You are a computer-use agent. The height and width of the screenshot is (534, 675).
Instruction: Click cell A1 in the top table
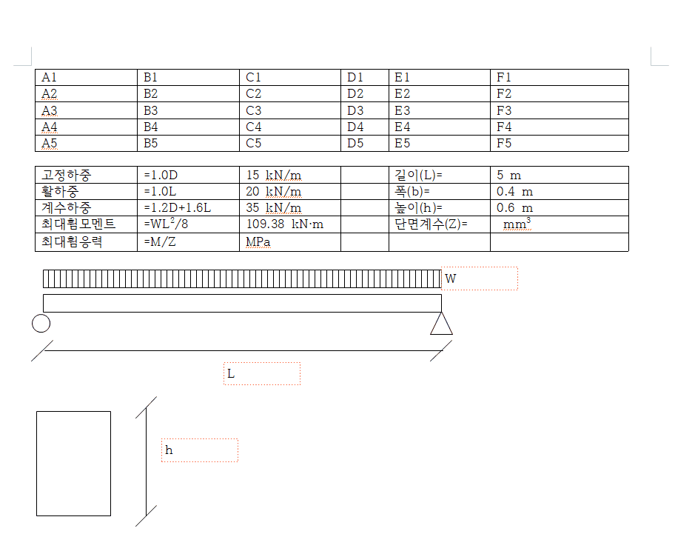50,77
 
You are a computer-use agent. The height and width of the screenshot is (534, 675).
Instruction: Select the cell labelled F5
504,143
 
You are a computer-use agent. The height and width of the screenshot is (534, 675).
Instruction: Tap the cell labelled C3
254,110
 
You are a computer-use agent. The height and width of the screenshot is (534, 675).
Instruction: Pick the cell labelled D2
355,93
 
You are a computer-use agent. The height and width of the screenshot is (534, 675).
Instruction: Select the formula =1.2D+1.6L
177,208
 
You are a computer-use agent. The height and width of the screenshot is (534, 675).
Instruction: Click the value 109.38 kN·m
285,224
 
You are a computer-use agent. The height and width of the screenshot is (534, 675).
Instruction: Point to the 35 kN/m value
273,208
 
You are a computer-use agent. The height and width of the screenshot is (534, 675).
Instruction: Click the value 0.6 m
514,208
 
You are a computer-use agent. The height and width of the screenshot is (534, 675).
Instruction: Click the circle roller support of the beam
41,324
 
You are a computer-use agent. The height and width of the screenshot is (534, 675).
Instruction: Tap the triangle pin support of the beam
441,324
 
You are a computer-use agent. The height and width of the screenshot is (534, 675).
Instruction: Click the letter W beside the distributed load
450,278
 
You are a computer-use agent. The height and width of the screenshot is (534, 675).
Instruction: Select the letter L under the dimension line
231,374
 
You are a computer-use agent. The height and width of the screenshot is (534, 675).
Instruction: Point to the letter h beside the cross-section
169,450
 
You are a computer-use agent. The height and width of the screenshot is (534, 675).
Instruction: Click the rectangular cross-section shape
73,463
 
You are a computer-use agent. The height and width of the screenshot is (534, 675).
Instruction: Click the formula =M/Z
160,241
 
